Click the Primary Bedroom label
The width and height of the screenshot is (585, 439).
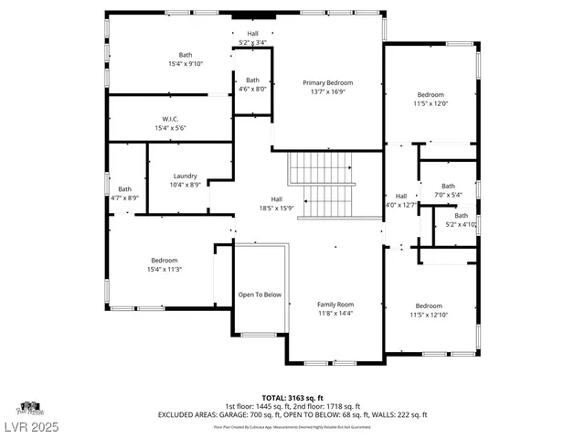327,82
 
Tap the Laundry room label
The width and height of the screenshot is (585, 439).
186,176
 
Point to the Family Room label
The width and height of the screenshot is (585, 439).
335,305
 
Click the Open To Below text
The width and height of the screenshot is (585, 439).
260,295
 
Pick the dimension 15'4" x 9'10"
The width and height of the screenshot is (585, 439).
186,63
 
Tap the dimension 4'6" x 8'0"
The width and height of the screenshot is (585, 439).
251,89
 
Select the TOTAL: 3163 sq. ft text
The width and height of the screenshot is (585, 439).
292,398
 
